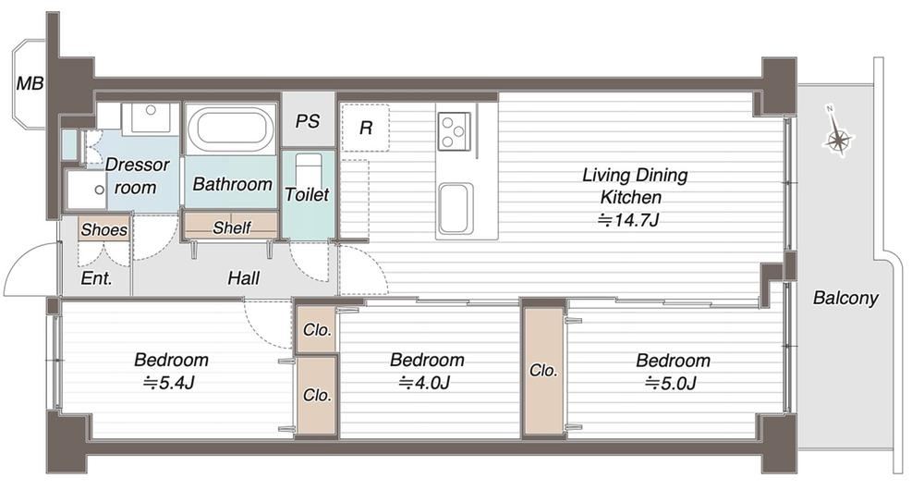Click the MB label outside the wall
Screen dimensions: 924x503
point(30,84)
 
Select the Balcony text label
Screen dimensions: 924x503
point(845,298)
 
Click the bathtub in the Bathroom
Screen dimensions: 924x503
point(231,128)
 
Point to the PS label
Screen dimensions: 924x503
point(308,121)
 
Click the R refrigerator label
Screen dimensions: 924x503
point(366,128)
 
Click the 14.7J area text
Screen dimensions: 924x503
point(628,221)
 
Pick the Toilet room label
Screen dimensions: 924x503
point(307,194)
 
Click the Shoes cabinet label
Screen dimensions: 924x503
point(104,229)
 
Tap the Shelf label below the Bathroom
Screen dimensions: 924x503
point(232,227)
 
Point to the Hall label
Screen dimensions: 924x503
point(243,277)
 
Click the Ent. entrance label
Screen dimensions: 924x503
point(97,278)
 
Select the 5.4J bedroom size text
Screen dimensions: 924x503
point(168,384)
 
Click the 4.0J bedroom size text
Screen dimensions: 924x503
point(424,384)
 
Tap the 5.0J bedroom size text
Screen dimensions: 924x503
point(671,384)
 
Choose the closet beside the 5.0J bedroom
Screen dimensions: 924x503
point(542,371)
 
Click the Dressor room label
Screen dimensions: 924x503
point(137,176)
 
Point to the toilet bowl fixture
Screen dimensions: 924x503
point(309,170)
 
